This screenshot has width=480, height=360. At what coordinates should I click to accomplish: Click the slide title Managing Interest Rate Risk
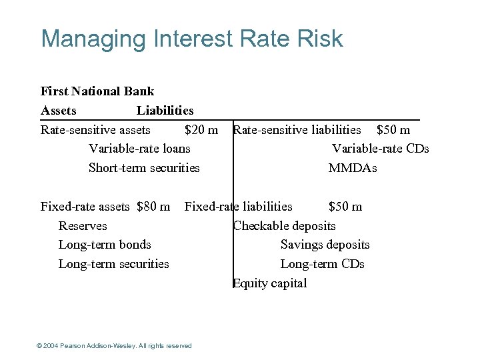pyautogui.click(x=192, y=39)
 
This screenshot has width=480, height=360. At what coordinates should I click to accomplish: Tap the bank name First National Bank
pyautogui.click(x=97, y=91)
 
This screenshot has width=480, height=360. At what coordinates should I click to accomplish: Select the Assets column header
pyautogui.click(x=59, y=111)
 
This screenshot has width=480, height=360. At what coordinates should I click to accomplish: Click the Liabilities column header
pyautogui.click(x=165, y=111)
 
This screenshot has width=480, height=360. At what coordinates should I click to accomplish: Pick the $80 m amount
pyautogui.click(x=153, y=207)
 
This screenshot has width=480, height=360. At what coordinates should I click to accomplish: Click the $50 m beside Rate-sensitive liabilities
pyautogui.click(x=393, y=129)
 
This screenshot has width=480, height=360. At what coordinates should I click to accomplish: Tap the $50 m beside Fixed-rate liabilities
pyautogui.click(x=345, y=207)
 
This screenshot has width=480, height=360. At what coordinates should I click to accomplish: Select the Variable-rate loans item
pyautogui.click(x=139, y=149)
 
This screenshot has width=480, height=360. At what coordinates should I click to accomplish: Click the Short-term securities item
pyautogui.click(x=144, y=168)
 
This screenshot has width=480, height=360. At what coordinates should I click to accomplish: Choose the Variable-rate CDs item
pyautogui.click(x=381, y=149)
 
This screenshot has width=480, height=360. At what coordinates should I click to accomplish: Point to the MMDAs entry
pyautogui.click(x=353, y=168)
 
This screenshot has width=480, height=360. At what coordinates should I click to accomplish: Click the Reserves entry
pyautogui.click(x=83, y=226)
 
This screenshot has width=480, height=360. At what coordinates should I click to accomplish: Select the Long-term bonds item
pyautogui.click(x=105, y=245)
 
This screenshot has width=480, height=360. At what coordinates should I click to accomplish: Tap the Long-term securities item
pyautogui.click(x=114, y=264)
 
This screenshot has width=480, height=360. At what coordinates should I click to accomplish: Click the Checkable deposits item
pyautogui.click(x=285, y=226)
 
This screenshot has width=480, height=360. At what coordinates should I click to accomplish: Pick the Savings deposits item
pyautogui.click(x=325, y=245)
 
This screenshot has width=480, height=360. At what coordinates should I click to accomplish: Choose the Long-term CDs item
pyautogui.click(x=323, y=264)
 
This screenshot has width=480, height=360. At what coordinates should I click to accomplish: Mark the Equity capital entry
pyautogui.click(x=270, y=283)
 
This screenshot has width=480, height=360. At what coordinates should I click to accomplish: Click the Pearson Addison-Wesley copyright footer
pyautogui.click(x=115, y=345)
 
